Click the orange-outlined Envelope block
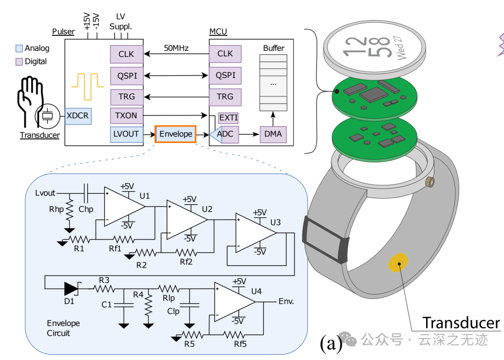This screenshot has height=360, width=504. pos(175,134)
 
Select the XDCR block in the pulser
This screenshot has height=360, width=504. pos(77,115)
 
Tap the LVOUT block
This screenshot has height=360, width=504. pos(126,134)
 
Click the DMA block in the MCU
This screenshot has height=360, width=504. pos(273,134)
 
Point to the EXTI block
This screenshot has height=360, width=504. pos(228,118)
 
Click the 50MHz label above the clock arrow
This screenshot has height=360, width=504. pos(176,48)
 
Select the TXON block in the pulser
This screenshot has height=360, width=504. pos(126,115)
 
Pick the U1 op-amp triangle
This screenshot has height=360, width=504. pos(123,206)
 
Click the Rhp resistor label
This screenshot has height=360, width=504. pos(56,209)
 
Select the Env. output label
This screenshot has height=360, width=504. pos(286,301)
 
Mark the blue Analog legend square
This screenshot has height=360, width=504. pos(19,48)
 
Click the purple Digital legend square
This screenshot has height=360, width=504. pos(19,62)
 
